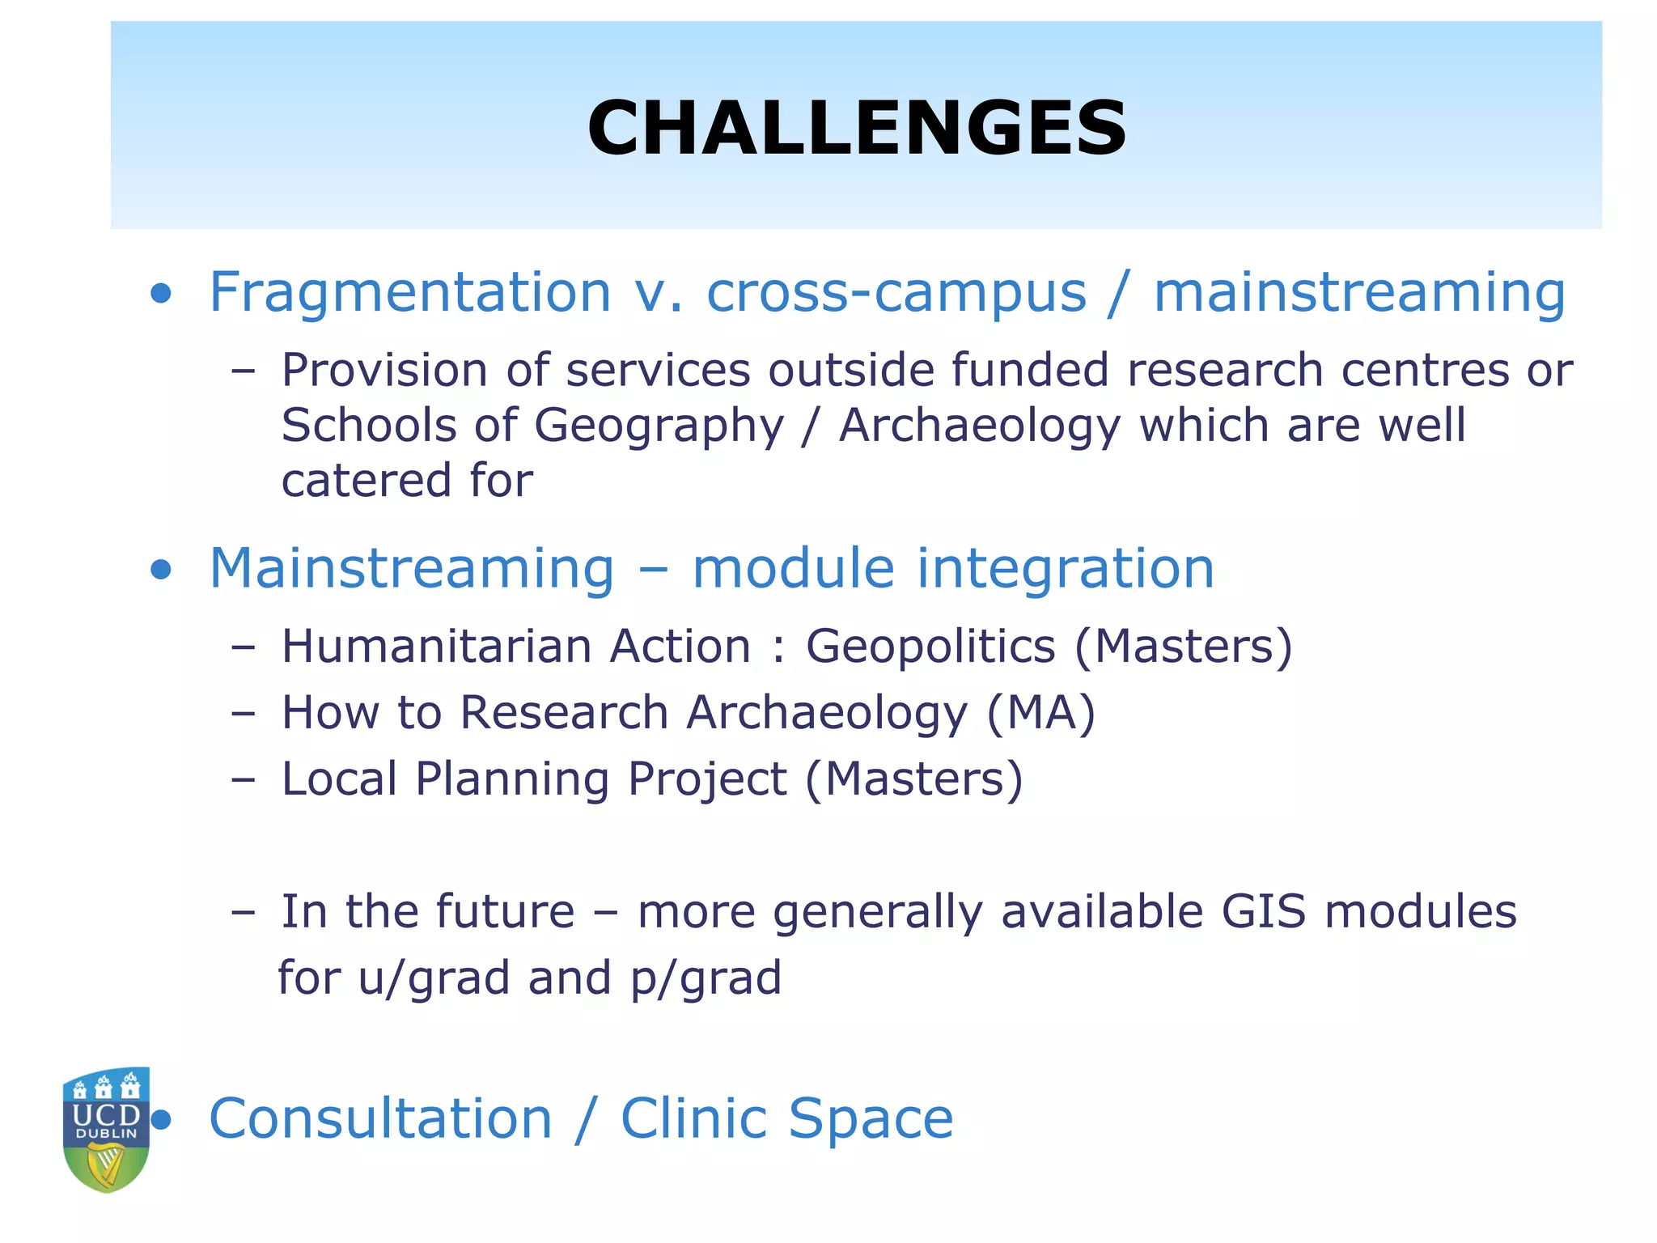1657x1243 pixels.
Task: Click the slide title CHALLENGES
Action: click(856, 128)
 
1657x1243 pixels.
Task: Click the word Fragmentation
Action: click(409, 293)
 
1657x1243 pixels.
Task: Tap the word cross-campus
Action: click(896, 293)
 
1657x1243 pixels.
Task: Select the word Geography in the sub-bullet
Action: click(659, 426)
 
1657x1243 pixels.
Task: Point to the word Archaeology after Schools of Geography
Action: click(980, 426)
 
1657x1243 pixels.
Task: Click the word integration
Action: click(1066, 570)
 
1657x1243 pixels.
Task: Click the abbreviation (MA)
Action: click(1040, 714)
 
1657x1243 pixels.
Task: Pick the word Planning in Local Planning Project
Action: click(511, 780)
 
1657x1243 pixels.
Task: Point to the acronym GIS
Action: click(1263, 912)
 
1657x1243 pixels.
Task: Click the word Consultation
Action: click(380, 1119)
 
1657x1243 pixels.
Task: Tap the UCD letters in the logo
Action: click(106, 1114)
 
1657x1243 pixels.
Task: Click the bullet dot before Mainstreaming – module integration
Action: click(161, 570)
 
